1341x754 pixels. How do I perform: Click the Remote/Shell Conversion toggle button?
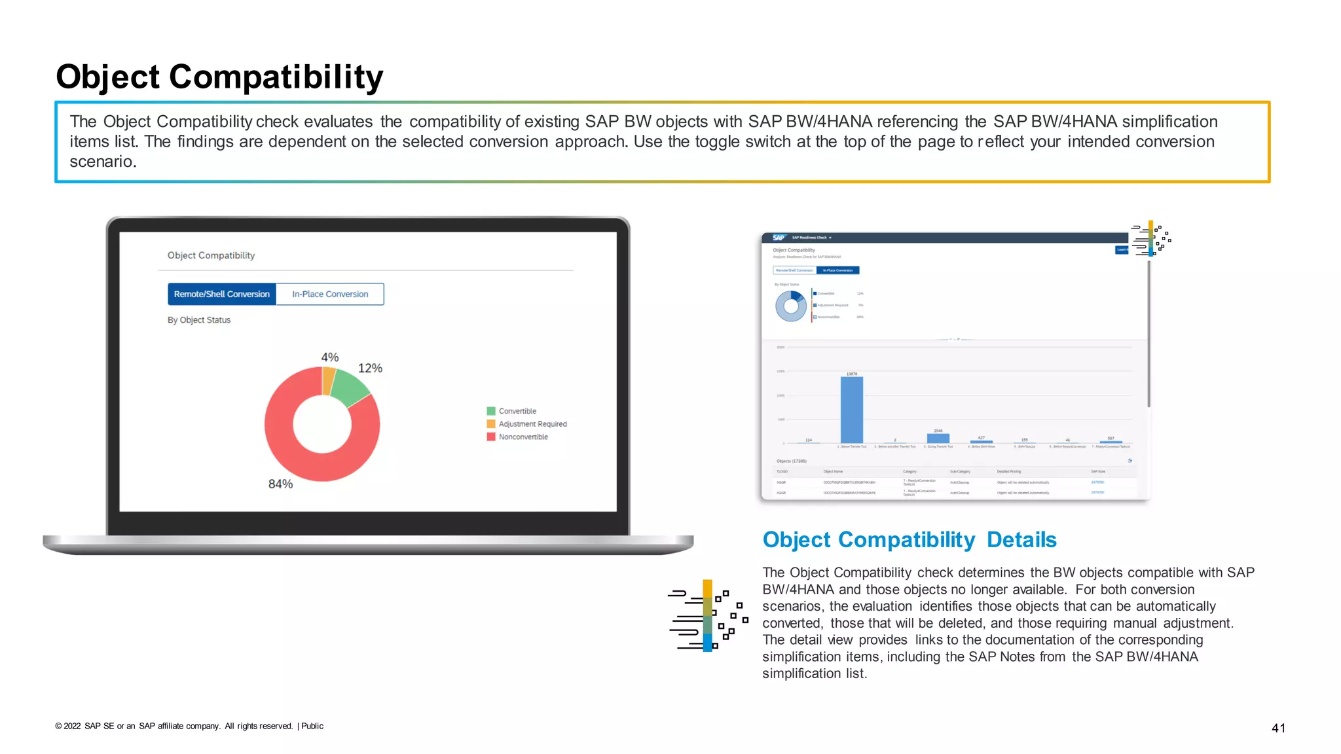[x=221, y=294]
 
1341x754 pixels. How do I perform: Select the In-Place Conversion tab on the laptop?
[x=330, y=294]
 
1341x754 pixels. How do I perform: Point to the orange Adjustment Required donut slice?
[x=328, y=380]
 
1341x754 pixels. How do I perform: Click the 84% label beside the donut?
[x=280, y=484]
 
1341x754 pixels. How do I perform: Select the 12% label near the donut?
[x=370, y=368]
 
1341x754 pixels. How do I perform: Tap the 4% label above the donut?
[x=329, y=357]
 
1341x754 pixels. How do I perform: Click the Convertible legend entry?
[x=517, y=411]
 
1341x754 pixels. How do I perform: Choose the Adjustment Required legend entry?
[x=532, y=423]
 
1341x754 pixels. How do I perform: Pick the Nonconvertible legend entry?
[x=523, y=437]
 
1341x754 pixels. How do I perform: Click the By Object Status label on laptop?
[x=199, y=320]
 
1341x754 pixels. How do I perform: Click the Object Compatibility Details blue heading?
[x=909, y=539]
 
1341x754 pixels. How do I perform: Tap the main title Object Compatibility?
[x=219, y=77]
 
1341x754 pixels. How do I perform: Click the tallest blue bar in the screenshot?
[x=851, y=410]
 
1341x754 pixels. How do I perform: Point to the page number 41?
[x=1278, y=728]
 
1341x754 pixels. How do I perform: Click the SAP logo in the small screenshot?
[x=779, y=238]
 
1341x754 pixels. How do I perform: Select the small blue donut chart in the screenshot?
[x=791, y=306]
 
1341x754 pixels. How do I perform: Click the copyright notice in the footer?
[x=189, y=726]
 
